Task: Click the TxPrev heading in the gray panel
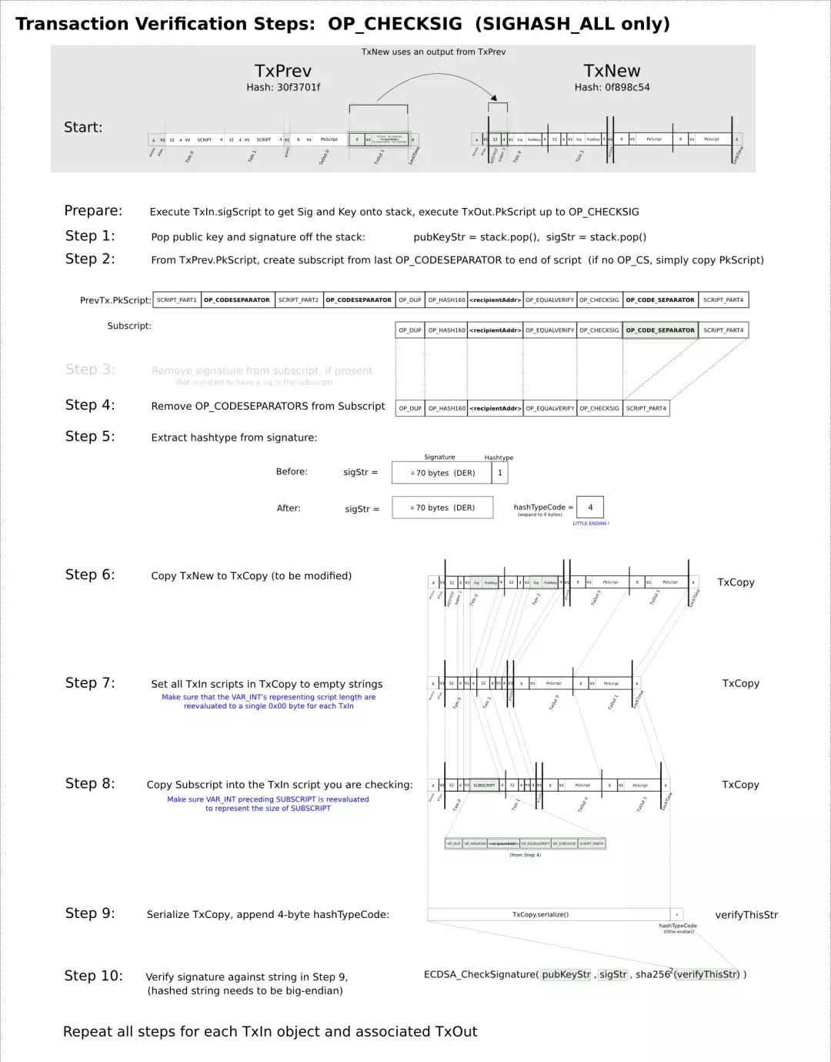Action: click(x=282, y=71)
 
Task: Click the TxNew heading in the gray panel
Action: click(x=612, y=71)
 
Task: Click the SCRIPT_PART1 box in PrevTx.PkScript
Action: click(x=177, y=300)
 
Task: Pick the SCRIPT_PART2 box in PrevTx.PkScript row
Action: click(x=298, y=300)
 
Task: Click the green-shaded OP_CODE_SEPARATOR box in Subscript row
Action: click(x=660, y=330)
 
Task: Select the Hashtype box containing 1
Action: click(x=499, y=473)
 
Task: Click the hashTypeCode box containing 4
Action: click(x=590, y=507)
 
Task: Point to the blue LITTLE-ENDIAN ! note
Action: click(x=591, y=524)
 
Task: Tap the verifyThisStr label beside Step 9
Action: click(x=746, y=915)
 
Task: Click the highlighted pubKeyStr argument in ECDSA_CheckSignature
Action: click(x=566, y=974)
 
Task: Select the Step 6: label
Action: click(x=90, y=575)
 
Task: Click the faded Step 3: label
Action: click(x=90, y=370)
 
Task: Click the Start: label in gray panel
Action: click(x=83, y=127)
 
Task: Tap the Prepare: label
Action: click(x=93, y=211)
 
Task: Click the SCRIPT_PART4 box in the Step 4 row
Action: click(x=646, y=408)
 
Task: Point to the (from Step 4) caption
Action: click(x=526, y=855)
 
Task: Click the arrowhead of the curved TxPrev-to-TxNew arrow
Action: click(x=494, y=97)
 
